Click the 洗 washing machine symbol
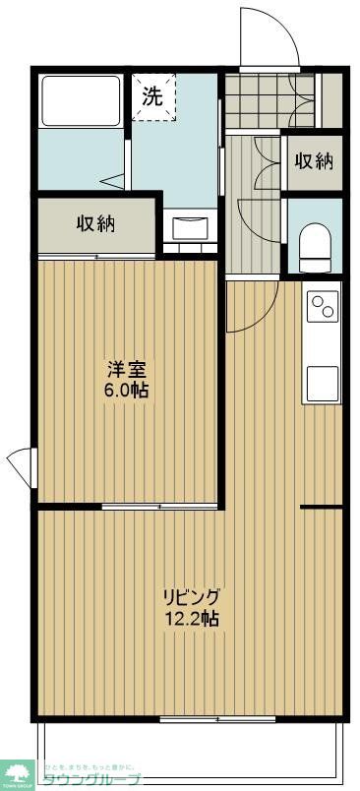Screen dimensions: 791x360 click(x=151, y=96)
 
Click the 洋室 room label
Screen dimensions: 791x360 click(x=127, y=370)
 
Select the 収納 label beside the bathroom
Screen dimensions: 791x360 click(x=95, y=223)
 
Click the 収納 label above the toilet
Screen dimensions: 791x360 click(x=314, y=161)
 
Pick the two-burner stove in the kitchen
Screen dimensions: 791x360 click(x=322, y=308)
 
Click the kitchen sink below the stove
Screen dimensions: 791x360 click(x=322, y=382)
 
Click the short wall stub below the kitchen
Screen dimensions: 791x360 click(x=321, y=507)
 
